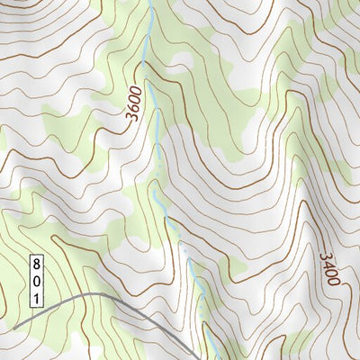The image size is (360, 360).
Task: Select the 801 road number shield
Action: pos(37,280)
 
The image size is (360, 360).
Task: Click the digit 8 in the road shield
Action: pos(37,264)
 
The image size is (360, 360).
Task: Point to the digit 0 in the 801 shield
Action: pos(37,280)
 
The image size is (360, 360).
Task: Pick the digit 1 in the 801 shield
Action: pos(37,296)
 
